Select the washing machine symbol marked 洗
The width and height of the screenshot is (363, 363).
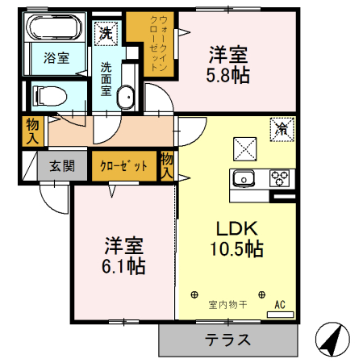[105, 33]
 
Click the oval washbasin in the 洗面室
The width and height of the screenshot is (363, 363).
[127, 98]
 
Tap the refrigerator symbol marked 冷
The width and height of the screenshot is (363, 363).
[283, 128]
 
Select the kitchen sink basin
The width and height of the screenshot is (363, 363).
[244, 178]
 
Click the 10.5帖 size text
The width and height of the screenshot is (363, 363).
[236, 250]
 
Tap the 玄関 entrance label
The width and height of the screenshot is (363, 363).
[62, 167]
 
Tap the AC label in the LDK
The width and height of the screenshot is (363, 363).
[281, 305]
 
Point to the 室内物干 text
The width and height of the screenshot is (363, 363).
[228, 305]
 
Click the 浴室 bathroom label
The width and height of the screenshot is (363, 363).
[56, 57]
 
